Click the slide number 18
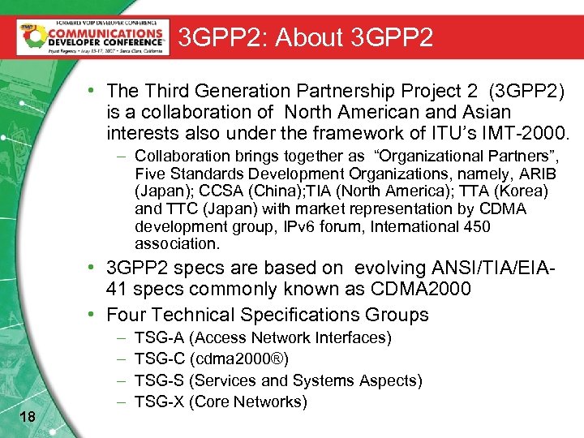coord(26,417)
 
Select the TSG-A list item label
coord(159,337)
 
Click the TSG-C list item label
coord(159,359)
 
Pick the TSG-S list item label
coord(159,380)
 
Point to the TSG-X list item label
coord(159,401)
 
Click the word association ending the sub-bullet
coord(177,244)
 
